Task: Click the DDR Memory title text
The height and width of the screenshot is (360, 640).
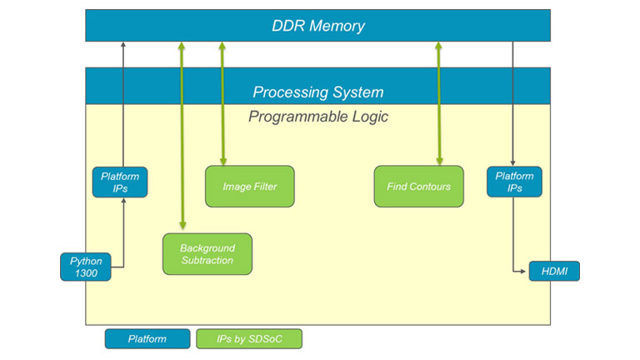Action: tap(317, 26)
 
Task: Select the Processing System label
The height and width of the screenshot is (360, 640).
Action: tap(317, 92)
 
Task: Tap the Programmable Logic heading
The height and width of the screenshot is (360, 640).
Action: tap(317, 117)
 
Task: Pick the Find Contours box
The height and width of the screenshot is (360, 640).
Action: tap(418, 187)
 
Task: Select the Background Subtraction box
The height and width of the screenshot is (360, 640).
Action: tap(207, 254)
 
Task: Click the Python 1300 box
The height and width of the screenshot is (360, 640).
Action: tap(85, 267)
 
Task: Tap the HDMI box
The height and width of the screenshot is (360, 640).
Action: tap(554, 271)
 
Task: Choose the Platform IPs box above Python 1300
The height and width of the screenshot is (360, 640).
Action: tap(120, 182)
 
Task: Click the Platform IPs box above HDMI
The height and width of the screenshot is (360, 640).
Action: tap(514, 182)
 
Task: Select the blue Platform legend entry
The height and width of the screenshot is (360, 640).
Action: tap(147, 339)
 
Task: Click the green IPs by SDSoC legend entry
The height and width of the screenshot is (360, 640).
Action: tap(249, 339)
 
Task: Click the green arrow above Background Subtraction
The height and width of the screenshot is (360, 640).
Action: tap(182, 133)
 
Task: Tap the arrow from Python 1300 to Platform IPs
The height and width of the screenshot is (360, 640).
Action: tap(123, 237)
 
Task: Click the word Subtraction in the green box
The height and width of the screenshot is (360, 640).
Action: tap(207, 261)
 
